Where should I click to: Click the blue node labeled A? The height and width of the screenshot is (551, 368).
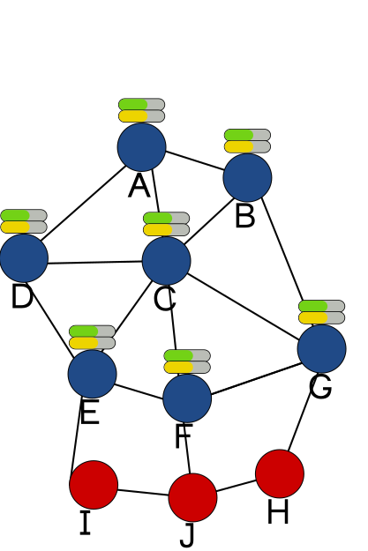141,147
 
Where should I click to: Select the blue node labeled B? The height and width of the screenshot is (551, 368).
247,177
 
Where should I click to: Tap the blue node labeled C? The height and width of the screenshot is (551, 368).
167,260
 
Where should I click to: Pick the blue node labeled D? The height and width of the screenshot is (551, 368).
24,258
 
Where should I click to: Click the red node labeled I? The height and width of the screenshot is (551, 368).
94,485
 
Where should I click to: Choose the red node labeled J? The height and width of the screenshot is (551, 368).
192,497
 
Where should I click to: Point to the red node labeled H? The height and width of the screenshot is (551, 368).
280,473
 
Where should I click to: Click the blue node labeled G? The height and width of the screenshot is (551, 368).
322,348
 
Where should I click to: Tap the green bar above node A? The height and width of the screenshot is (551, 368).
133,104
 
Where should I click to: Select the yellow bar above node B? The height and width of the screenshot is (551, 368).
239,147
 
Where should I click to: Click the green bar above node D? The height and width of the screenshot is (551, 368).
15,215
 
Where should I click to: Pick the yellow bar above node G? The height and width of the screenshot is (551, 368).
313,318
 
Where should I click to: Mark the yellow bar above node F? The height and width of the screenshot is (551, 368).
179,368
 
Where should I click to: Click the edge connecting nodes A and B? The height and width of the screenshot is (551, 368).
194,161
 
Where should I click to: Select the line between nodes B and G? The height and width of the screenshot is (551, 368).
282,249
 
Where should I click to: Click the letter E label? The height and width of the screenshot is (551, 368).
90,413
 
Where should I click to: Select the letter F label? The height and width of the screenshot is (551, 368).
184,436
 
